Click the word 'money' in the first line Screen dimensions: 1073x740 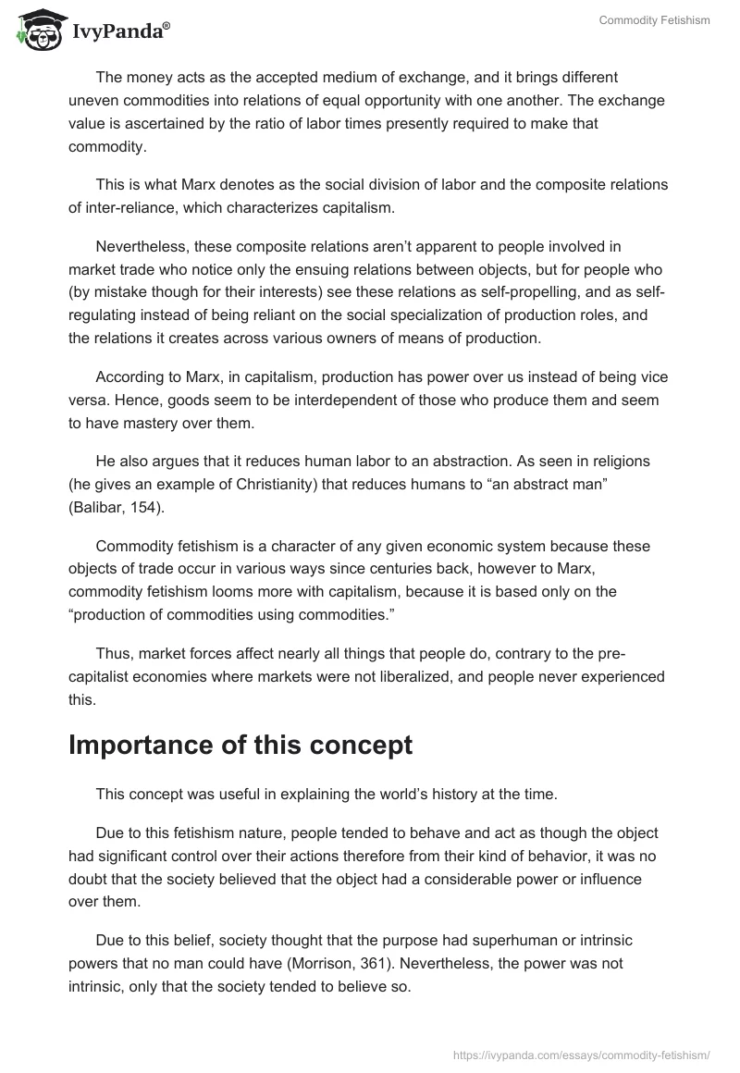coord(144,77)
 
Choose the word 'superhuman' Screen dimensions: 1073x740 coord(472,941)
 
